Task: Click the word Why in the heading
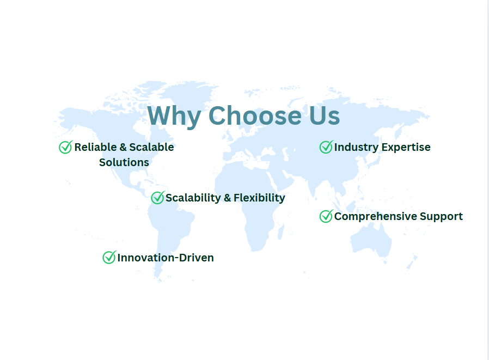174,116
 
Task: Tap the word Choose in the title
255,116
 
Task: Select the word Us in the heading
325,116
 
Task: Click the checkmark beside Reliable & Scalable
66,147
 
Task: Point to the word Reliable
95,147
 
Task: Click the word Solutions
124,162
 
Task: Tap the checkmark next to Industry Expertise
326,147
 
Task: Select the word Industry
356,147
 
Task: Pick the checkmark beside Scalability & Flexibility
158,198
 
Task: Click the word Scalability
193,198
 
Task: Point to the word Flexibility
259,198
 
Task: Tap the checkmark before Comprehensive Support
326,216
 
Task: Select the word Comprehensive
376,216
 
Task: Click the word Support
441,217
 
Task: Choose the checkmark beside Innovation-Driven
109,258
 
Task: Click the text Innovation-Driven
166,258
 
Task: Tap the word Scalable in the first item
151,147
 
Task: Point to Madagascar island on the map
281,233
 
